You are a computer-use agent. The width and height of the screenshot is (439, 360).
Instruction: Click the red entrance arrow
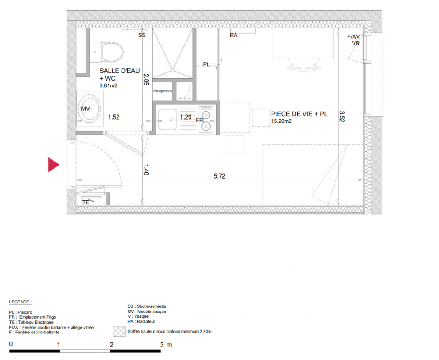click(x=53, y=165)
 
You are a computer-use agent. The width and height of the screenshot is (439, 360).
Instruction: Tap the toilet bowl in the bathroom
click(x=112, y=52)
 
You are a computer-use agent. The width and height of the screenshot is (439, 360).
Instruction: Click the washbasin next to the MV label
click(x=90, y=108)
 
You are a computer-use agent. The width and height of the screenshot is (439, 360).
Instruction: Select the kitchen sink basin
click(x=167, y=119)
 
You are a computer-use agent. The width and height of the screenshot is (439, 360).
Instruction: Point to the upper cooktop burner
click(x=206, y=115)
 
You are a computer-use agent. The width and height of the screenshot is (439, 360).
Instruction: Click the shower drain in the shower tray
click(x=173, y=70)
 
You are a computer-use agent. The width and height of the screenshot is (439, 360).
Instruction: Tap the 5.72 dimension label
click(x=220, y=176)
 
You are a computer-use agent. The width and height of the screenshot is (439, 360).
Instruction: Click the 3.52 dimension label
click(x=342, y=117)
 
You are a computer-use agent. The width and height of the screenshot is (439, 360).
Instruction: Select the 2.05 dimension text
click(x=146, y=80)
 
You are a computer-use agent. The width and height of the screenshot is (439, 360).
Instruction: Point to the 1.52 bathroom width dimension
click(x=114, y=117)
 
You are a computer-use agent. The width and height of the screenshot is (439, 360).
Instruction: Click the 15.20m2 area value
click(x=281, y=121)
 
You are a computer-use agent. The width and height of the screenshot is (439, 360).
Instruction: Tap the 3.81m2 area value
click(x=109, y=85)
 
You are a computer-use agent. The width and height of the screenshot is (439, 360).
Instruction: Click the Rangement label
click(x=163, y=91)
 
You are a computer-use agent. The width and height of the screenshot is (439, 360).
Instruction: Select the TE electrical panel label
click(x=86, y=202)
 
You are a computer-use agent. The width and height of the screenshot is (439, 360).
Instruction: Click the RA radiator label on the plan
click(x=234, y=35)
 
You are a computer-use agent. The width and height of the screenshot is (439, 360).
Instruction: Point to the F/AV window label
click(x=353, y=36)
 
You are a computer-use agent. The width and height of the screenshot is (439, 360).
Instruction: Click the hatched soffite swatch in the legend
click(x=119, y=332)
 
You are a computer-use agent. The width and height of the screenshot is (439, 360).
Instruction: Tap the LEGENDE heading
click(x=20, y=302)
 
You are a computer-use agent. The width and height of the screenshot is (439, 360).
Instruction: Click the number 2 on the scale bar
click(x=111, y=345)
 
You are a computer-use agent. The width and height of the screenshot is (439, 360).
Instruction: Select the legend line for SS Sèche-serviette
click(x=147, y=306)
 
